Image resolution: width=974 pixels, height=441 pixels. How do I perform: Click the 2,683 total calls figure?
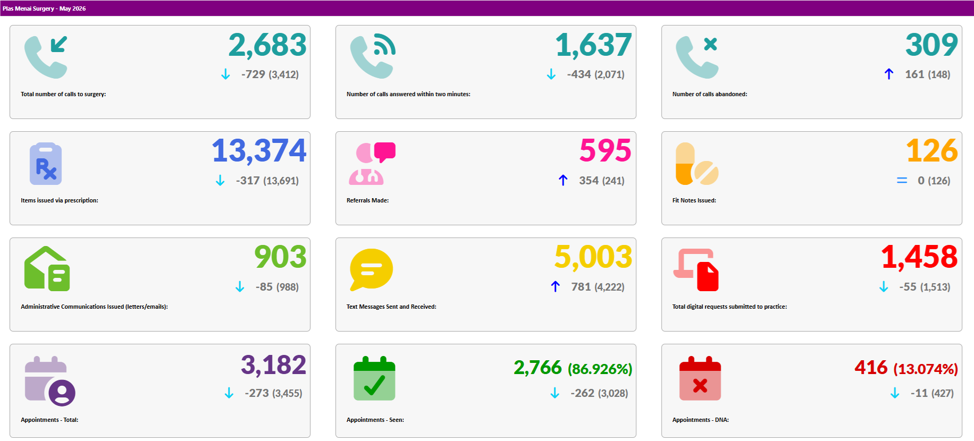click(x=267, y=45)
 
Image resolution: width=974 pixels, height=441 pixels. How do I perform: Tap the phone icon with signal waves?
click(x=373, y=56)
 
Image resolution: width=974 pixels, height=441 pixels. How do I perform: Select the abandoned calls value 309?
click(x=931, y=45)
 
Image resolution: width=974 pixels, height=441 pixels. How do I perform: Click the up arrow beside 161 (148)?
click(x=889, y=74)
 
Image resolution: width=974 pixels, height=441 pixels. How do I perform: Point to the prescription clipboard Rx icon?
click(x=46, y=164)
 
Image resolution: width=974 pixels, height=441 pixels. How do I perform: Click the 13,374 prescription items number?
click(x=259, y=151)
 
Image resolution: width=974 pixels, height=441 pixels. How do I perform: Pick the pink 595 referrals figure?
click(x=605, y=150)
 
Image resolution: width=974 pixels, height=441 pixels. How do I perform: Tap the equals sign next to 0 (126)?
click(x=902, y=181)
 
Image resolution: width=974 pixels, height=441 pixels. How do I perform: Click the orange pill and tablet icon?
click(x=696, y=164)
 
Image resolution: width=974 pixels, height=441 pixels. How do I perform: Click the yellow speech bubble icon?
click(x=371, y=269)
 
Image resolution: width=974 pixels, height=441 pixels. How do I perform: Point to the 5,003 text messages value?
click(x=593, y=257)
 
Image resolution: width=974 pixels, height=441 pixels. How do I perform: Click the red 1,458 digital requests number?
click(x=919, y=257)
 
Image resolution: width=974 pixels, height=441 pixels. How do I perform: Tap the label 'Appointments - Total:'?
click(x=49, y=420)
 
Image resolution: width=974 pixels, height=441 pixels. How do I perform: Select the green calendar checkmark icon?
click(x=374, y=378)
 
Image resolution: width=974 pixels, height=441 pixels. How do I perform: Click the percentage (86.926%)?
click(x=600, y=369)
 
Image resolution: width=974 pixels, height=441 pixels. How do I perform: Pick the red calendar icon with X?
click(x=700, y=378)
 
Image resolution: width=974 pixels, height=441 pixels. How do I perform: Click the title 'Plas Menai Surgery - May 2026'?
click(x=44, y=9)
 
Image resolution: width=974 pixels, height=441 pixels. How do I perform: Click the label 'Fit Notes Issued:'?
click(x=694, y=200)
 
